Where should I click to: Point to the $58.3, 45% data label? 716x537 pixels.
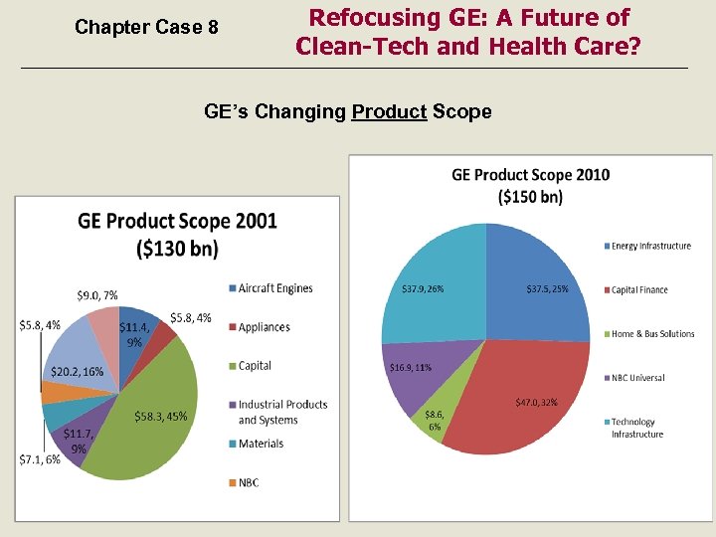click(160, 416)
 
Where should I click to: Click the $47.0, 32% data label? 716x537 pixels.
click(536, 403)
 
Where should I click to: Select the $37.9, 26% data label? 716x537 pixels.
click(422, 289)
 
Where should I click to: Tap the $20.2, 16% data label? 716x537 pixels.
click(77, 372)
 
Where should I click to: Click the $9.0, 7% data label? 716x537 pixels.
click(96, 295)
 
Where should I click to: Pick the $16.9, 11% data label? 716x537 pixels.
click(409, 367)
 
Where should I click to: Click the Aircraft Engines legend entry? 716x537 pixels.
click(274, 288)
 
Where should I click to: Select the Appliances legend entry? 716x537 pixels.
click(264, 327)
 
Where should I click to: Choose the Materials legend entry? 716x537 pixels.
click(261, 444)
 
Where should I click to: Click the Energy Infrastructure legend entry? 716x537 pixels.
click(650, 246)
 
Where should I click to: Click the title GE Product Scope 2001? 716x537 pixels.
click(177, 221)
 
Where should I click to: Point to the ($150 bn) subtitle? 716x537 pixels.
click(530, 196)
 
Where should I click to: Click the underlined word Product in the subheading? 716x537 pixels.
click(389, 111)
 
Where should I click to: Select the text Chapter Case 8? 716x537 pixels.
click(146, 28)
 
